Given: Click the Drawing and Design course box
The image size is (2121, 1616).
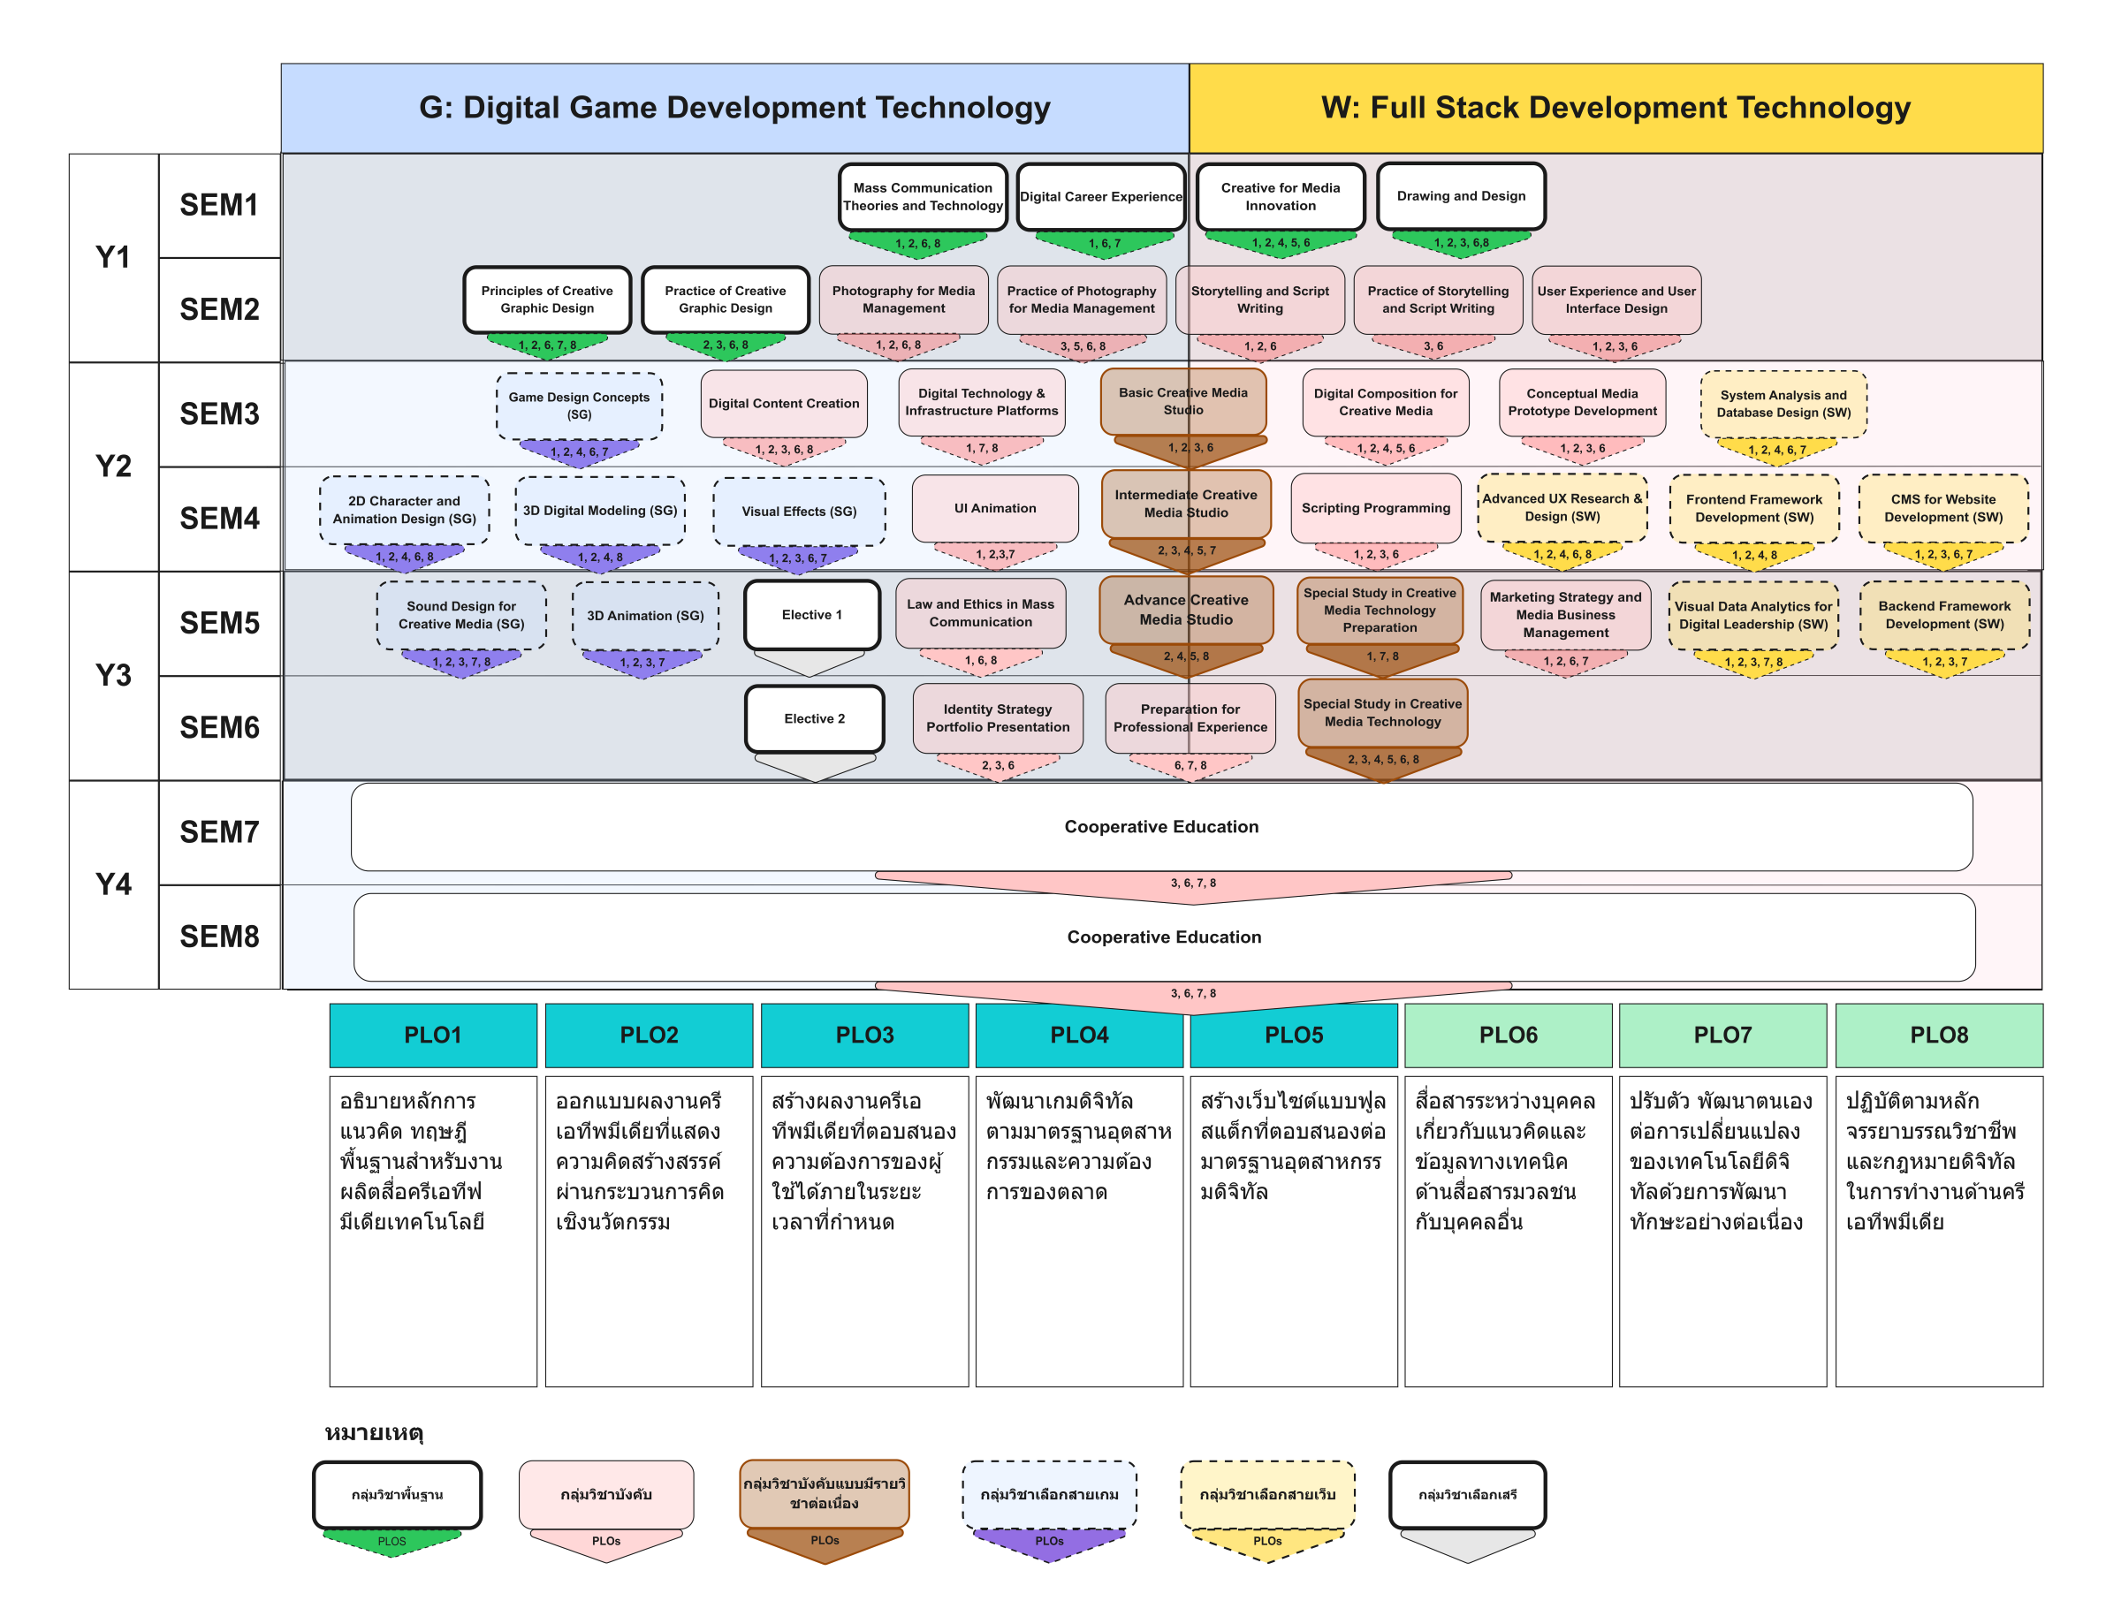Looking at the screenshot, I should click(1460, 196).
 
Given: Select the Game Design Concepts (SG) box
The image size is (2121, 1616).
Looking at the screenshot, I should click(578, 406).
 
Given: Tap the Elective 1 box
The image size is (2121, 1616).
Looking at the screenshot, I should click(812, 615).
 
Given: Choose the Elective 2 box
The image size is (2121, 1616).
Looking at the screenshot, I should click(814, 718).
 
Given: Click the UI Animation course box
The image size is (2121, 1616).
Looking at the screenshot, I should click(994, 508).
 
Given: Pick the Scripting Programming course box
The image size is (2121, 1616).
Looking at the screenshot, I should click(1375, 508).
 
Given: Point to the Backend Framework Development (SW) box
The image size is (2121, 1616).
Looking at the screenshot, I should click(1944, 615).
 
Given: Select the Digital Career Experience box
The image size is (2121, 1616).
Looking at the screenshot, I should click(1100, 196).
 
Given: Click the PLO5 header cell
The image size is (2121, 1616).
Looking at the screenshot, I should click(1293, 1035).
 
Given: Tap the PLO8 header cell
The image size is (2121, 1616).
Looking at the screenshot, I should click(1938, 1035).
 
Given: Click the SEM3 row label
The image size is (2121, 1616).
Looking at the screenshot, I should click(219, 413).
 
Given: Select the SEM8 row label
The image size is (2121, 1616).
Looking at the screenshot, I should click(219, 936).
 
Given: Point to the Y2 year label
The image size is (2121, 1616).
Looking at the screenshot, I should click(113, 467).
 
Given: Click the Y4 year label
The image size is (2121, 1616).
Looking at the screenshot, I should click(113, 884).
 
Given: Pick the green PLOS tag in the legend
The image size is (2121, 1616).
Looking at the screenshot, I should click(392, 1541).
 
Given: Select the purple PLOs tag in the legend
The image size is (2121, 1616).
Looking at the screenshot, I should click(1048, 1541).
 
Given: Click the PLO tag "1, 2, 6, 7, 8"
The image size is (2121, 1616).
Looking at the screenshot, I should click(546, 345).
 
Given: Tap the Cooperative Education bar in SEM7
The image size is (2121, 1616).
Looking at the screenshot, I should click(1161, 826).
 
